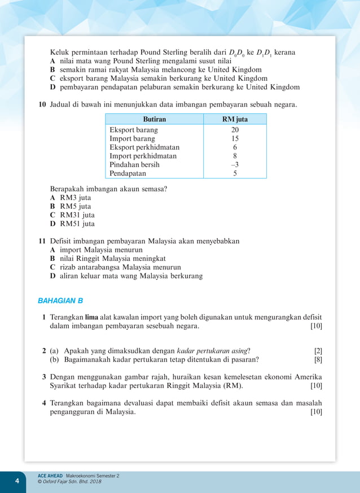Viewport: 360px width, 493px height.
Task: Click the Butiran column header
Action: coord(154,119)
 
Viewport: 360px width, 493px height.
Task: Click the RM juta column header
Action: coord(235,119)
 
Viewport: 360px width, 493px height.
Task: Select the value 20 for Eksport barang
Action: coord(235,130)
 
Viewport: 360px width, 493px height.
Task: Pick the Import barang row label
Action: coord(132,138)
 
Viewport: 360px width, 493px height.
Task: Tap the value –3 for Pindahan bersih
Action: coord(235,165)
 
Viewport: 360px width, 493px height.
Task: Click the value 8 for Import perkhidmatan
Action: coord(235,156)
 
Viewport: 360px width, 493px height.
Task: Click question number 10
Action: coord(42,105)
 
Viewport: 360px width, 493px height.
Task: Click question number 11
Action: coord(42,241)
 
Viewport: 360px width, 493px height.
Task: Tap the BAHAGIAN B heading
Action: coord(60,301)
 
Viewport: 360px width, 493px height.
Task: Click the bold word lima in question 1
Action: coord(91,318)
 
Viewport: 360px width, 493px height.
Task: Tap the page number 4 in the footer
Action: coord(17,481)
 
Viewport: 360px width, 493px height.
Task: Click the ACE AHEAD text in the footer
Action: coord(50,476)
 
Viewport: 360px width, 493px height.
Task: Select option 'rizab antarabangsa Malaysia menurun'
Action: coord(115,267)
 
